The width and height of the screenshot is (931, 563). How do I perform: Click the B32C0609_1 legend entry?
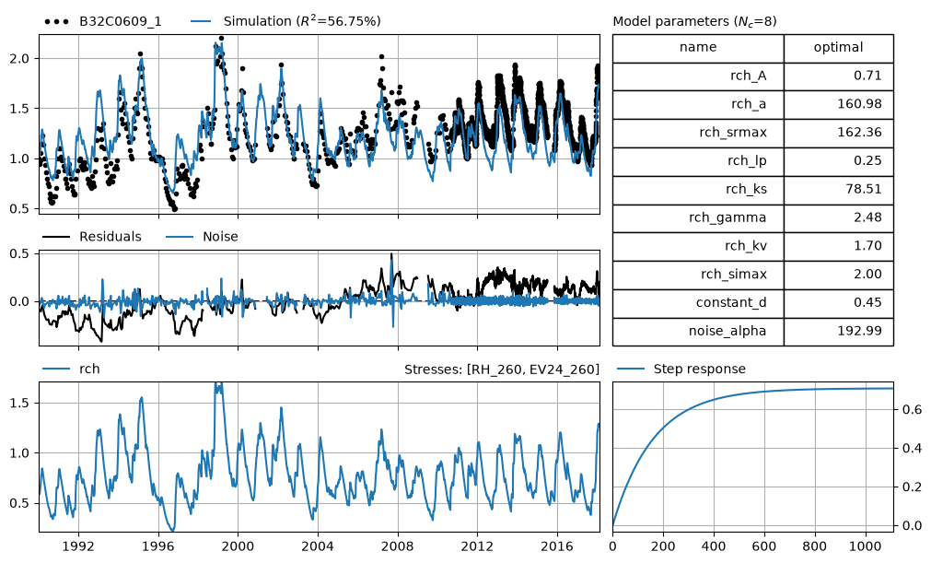pyautogui.click(x=103, y=21)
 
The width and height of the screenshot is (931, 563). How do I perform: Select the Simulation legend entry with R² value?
pyautogui.click(x=285, y=21)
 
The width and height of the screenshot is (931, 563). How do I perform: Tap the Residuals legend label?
pyautogui.click(x=92, y=237)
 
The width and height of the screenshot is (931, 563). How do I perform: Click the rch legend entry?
pyautogui.click(x=71, y=369)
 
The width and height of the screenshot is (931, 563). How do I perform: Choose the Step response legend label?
pyautogui.click(x=681, y=369)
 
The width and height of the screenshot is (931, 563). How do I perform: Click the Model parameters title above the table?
pyautogui.click(x=694, y=21)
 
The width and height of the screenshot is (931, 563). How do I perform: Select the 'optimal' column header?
pyautogui.click(x=838, y=48)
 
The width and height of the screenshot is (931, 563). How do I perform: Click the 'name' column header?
pyautogui.click(x=698, y=48)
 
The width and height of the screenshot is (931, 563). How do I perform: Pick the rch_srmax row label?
pyautogui.click(x=733, y=133)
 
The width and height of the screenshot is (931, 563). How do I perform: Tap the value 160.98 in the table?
pyautogui.click(x=860, y=104)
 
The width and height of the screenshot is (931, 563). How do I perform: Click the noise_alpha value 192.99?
pyautogui.click(x=860, y=331)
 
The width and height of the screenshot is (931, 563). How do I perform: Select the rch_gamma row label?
pyautogui.click(x=727, y=218)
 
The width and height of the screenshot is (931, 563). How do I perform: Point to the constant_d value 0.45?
pyautogui.click(x=868, y=302)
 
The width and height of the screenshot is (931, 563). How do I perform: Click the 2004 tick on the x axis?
pyautogui.click(x=318, y=545)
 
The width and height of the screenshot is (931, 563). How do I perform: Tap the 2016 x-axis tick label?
pyautogui.click(x=557, y=545)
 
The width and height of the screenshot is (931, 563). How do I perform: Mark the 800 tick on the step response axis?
pyautogui.click(x=815, y=545)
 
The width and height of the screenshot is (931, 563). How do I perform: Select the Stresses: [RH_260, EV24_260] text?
pyautogui.click(x=502, y=369)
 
